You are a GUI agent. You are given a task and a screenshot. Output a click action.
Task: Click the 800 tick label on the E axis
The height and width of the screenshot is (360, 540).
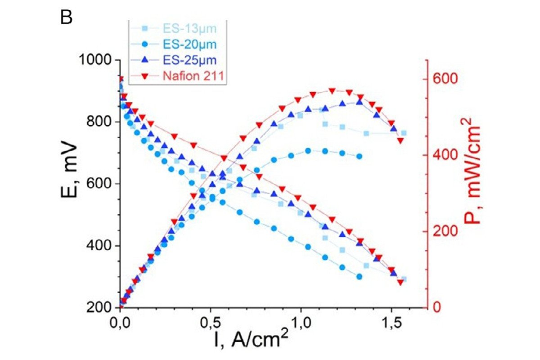click(99, 122)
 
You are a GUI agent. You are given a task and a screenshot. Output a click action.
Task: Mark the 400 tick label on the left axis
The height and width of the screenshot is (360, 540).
click(99, 246)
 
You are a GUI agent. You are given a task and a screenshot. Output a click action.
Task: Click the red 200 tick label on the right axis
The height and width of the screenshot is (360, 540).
click(441, 231)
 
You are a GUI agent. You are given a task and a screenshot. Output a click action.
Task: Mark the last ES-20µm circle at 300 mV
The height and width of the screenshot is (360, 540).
click(359, 276)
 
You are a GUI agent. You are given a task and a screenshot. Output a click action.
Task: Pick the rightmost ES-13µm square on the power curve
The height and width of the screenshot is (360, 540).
click(404, 133)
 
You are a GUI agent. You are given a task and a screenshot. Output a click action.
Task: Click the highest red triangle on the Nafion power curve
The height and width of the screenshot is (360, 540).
click(332, 91)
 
